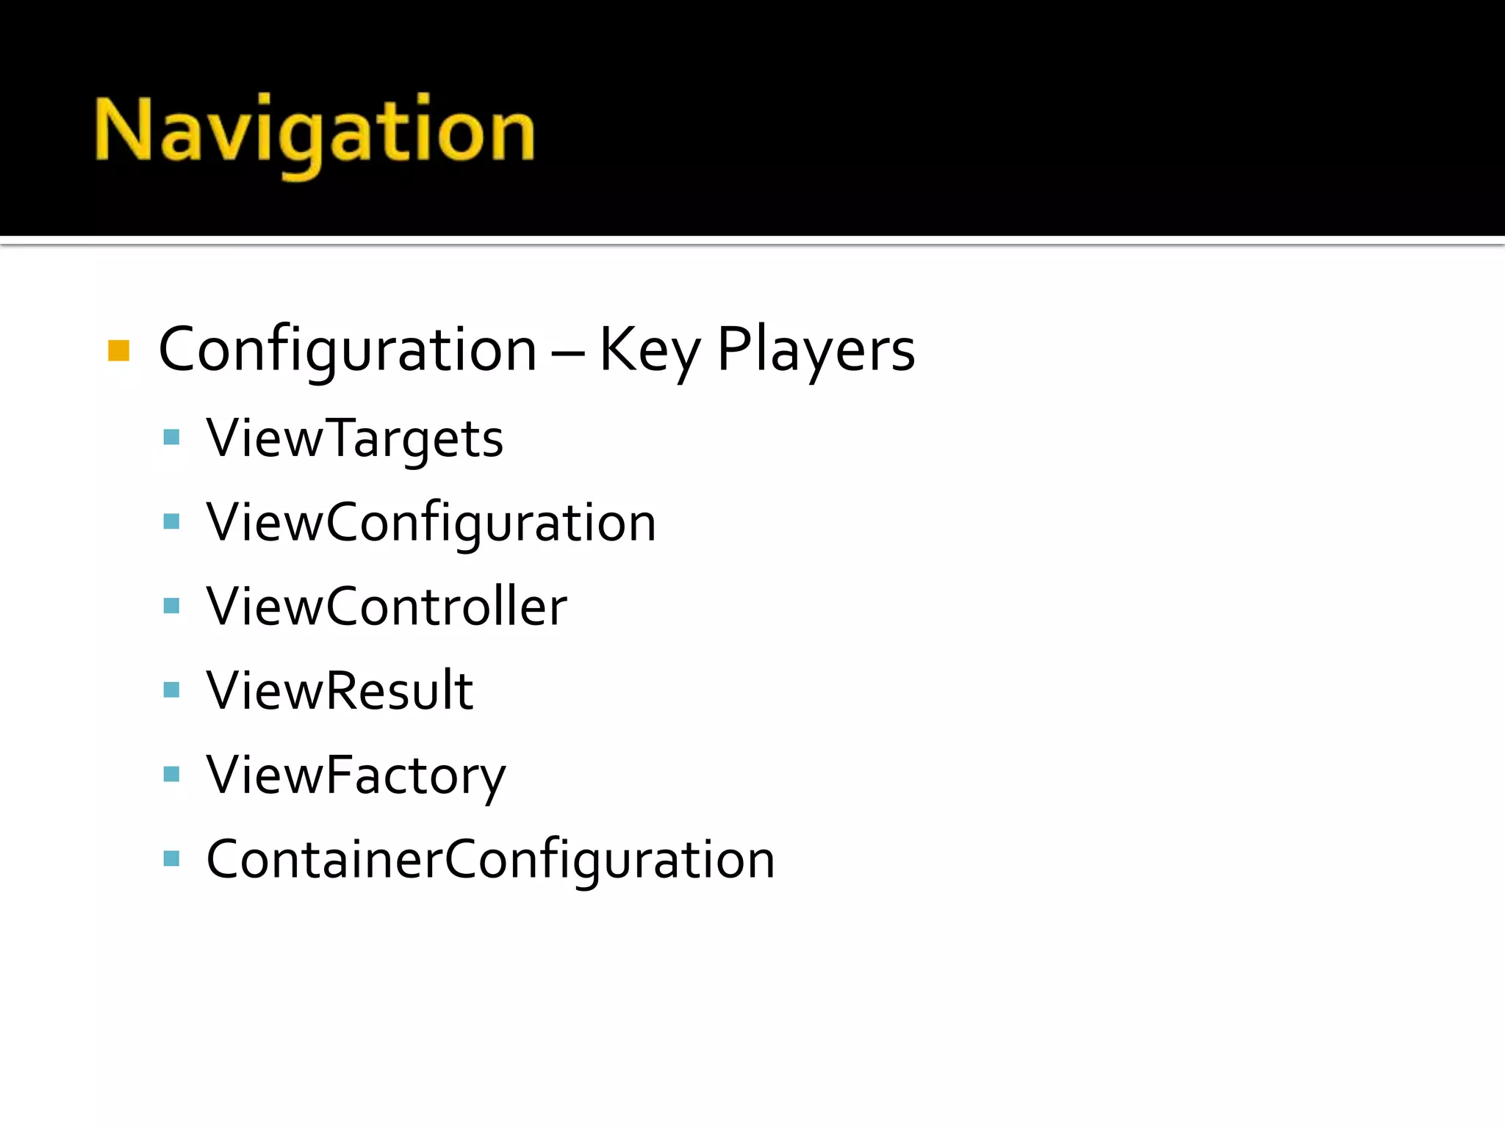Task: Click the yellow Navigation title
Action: coord(315,132)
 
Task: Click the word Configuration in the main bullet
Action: coord(347,351)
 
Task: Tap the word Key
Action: coord(650,351)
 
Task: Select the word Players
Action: coord(816,351)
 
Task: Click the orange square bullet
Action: coord(118,351)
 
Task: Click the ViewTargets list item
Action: coord(354,439)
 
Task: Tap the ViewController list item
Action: coord(387,607)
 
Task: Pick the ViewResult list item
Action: coord(340,691)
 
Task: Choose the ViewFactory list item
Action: coord(356,775)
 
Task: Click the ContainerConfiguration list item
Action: coord(490,859)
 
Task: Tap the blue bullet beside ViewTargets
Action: coord(172,438)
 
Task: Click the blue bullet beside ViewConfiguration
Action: coord(172,522)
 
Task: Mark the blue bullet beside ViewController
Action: coord(172,606)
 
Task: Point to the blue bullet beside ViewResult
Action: coord(172,690)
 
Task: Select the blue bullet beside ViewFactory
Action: coord(172,774)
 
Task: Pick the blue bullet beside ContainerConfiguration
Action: coord(172,858)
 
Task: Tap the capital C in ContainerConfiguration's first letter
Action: coord(223,859)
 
